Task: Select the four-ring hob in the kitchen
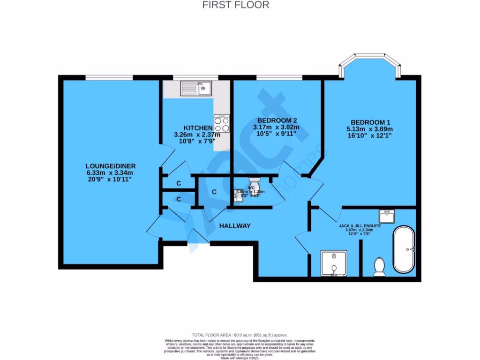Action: [x=222, y=124]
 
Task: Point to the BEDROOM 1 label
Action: [x=368, y=121]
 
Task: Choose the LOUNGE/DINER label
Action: [x=111, y=165]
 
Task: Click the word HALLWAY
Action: [x=235, y=226]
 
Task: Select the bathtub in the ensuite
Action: [x=404, y=249]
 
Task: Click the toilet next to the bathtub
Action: [x=379, y=267]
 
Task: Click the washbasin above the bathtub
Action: [x=387, y=216]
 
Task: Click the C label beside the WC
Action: [x=214, y=192]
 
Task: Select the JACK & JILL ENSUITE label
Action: [x=360, y=225]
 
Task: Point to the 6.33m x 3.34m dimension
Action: [x=111, y=172]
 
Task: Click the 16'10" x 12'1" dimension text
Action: [x=368, y=136]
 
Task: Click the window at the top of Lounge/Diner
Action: [x=109, y=77]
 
